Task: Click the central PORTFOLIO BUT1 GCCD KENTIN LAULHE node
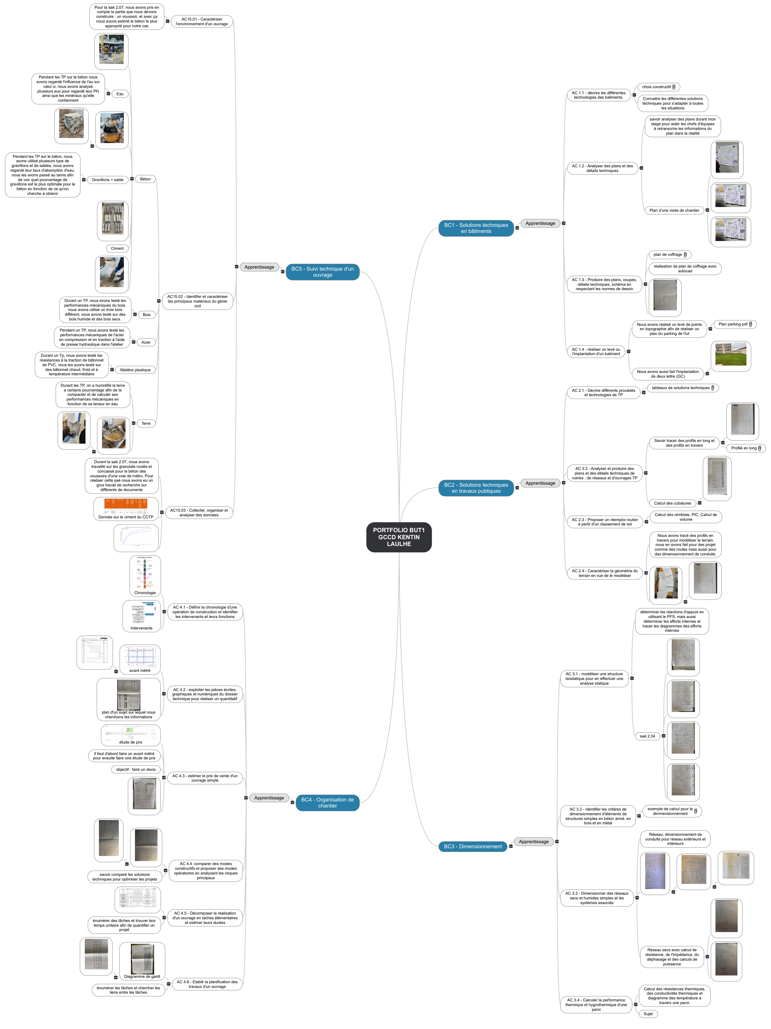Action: [x=398, y=537]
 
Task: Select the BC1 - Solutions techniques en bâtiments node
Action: [x=476, y=228]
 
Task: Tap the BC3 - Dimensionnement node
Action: [x=472, y=846]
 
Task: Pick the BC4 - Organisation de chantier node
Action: [x=327, y=802]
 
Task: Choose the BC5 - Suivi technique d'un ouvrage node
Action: [x=322, y=272]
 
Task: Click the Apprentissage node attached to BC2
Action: [x=540, y=483]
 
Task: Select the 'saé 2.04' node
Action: [x=647, y=736]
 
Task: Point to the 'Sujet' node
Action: [x=648, y=1014]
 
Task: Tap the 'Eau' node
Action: [x=120, y=94]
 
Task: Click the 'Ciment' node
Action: [x=117, y=248]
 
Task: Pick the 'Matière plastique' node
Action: [x=135, y=370]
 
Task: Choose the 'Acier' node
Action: [x=146, y=342]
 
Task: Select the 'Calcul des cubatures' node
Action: [x=672, y=503]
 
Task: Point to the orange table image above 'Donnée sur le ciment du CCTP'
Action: [x=126, y=506]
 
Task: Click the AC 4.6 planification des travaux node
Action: [x=207, y=984]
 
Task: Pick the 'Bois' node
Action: [x=146, y=314]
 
